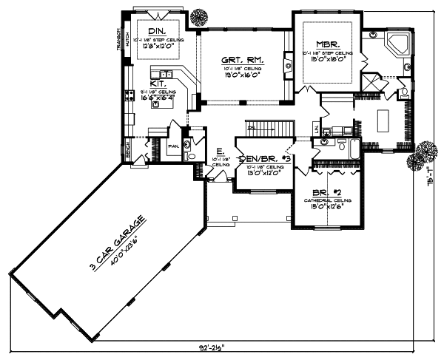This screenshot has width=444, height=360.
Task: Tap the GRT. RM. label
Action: click(240, 60)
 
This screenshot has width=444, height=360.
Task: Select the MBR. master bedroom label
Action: click(326, 44)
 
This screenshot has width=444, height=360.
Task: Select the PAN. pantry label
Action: click(173, 146)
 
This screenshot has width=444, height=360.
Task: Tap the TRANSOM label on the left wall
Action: click(118, 40)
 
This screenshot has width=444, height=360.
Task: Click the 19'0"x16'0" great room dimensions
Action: click(240, 75)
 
